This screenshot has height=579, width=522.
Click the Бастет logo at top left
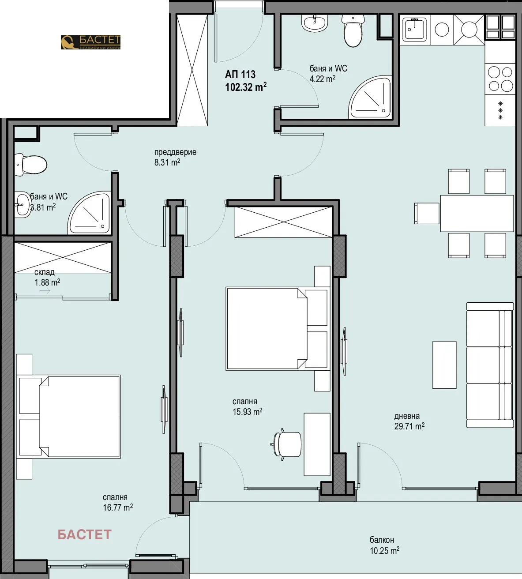coord(90,42)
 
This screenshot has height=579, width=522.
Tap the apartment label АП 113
coord(240,74)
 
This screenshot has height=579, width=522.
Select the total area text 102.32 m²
coord(245,87)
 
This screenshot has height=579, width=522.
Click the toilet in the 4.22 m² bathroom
coord(353,31)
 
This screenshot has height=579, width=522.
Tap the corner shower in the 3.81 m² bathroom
coord(90,214)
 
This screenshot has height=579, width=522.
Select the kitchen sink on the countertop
coord(414,29)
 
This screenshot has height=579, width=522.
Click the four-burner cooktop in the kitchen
coord(500,79)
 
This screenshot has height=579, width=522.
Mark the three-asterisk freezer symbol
coord(500,111)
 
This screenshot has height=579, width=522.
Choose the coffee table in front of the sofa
coord(444,365)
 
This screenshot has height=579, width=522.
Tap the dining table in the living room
coord(477,213)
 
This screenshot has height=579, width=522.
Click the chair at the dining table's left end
coord(427,213)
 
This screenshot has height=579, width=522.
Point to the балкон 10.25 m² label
coord(384,545)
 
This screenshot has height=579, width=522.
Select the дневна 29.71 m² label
coord(409,421)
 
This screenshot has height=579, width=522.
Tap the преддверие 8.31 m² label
coord(175,157)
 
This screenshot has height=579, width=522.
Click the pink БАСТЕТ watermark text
coord(84,534)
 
